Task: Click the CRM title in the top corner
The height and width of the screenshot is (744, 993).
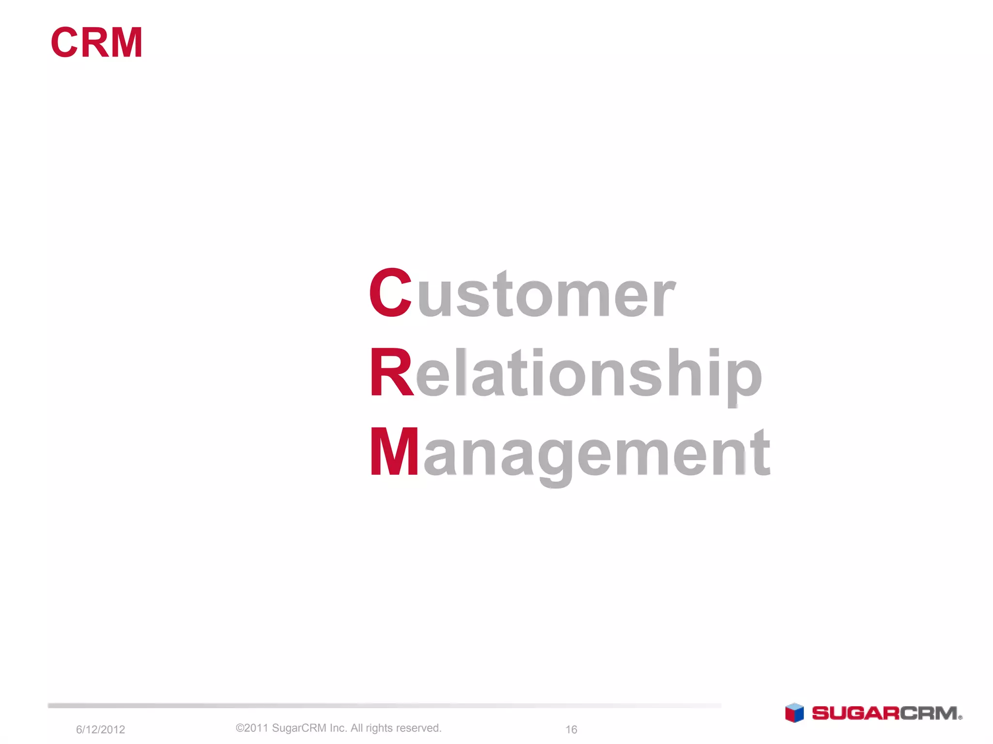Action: [x=96, y=43]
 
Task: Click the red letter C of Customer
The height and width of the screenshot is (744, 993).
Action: [x=391, y=293]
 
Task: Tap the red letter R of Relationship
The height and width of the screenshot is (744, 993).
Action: [x=391, y=372]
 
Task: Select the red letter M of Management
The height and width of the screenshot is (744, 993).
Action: [x=394, y=452]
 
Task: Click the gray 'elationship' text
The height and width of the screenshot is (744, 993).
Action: [x=589, y=374]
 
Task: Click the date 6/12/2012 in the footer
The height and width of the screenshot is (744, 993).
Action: [x=100, y=729]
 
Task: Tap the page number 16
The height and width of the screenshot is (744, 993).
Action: [x=571, y=729]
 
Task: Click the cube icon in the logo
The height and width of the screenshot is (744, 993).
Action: [x=794, y=713]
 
